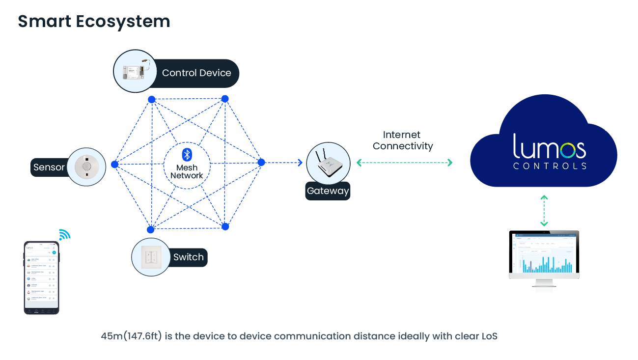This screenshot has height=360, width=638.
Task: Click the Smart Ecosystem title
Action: [94, 22]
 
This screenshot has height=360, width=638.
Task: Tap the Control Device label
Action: [196, 73]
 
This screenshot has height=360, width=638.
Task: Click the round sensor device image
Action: [86, 167]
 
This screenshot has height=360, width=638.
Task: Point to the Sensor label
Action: [49, 167]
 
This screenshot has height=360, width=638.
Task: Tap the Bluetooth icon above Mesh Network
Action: [187, 155]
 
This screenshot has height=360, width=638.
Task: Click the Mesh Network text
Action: [187, 171]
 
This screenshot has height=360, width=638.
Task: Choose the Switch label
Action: [188, 257]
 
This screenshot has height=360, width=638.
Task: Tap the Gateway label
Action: [328, 191]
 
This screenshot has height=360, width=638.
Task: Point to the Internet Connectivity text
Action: [403, 140]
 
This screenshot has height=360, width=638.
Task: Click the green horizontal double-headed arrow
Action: [404, 163]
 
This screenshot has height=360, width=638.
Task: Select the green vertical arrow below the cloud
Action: [544, 211]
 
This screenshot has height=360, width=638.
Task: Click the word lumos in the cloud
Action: [549, 146]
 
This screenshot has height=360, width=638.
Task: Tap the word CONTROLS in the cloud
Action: [550, 166]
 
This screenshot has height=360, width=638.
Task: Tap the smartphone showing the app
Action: [41, 277]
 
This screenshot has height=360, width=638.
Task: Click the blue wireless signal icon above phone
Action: [64, 234]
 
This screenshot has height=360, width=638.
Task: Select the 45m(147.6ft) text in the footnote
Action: [132, 336]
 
